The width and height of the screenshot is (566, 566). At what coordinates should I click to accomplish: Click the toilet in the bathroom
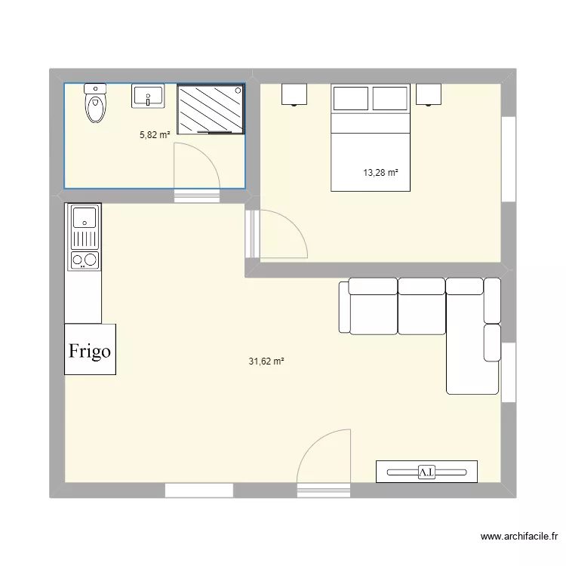[x=95, y=106]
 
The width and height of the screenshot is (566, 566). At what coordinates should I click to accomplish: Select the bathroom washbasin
[x=149, y=96]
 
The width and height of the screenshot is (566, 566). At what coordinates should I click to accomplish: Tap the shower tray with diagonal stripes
[x=211, y=109]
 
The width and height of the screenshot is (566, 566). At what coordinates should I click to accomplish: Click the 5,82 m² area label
[x=154, y=135]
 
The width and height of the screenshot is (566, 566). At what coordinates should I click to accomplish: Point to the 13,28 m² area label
[x=380, y=173]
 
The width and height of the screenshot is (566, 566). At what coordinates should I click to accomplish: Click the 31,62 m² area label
[x=266, y=361]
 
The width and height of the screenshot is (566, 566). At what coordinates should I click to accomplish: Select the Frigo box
[x=91, y=349]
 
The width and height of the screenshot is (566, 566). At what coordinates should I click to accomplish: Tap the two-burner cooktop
[x=85, y=260]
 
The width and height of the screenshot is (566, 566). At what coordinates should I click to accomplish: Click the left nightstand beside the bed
[x=295, y=94]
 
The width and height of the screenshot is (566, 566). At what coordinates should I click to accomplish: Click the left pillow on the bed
[x=350, y=98]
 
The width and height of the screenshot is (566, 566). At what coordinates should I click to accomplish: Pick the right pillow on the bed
[x=390, y=98]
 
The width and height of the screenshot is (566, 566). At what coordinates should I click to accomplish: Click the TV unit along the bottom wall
[x=426, y=471]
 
